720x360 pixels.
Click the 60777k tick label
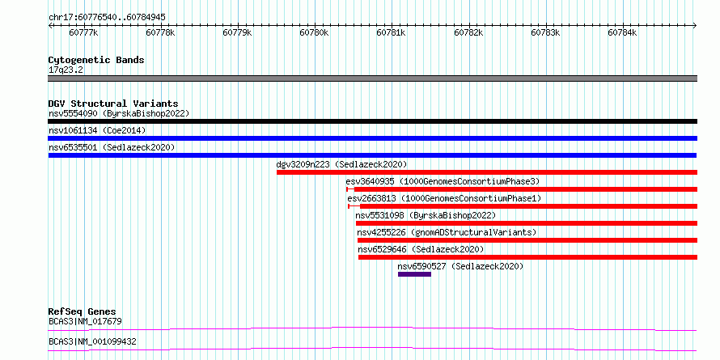coord(83,32)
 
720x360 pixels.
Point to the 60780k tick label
coord(314,32)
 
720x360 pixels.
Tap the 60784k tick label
coord(622,32)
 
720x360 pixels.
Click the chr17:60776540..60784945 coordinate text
coord(107,18)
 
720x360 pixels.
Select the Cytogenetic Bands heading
coord(96,60)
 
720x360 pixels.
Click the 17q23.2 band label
coord(66,70)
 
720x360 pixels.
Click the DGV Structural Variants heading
coord(113,104)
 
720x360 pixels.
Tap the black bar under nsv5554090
coord(372,121)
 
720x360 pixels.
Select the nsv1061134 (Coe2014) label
coord(97,130)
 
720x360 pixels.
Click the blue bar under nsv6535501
coord(372,155)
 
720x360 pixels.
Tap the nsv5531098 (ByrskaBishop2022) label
coord(426,215)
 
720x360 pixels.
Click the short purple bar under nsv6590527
coord(415,274)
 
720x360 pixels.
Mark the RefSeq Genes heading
coord(83,311)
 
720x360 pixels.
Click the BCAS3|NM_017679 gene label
coord(86,321)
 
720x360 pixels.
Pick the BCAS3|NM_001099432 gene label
coord(92,341)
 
